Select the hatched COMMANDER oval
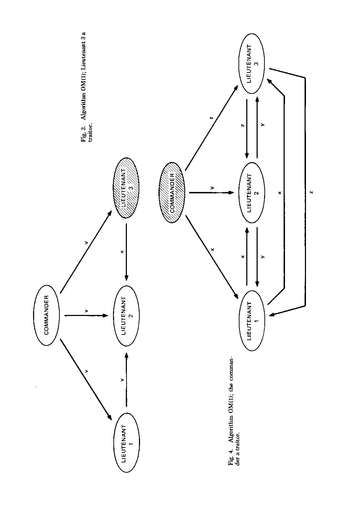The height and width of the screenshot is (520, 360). (172, 193)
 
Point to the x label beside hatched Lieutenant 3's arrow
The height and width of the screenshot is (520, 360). (122, 252)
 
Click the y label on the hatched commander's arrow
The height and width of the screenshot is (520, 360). (212, 187)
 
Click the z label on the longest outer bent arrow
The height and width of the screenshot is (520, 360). (311, 192)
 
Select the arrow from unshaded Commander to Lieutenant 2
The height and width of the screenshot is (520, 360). (85, 315)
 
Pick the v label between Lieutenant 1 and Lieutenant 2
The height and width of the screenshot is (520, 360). (122, 380)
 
